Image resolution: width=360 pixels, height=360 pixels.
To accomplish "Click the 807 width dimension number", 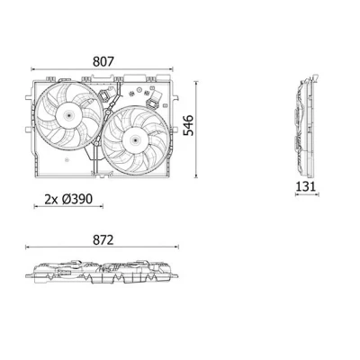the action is tap(103, 61).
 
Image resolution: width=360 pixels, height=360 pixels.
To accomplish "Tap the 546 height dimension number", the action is tap(189, 125).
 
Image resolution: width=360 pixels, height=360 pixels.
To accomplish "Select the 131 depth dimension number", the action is tap(306, 186).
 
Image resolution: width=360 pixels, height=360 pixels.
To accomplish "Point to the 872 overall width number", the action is tap(103, 240).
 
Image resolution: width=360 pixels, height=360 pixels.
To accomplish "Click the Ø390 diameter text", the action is tap(77, 199).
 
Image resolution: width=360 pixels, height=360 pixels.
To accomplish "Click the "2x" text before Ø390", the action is tap(51, 199).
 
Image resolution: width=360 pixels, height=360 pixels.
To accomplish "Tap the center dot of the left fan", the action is tap(68, 114).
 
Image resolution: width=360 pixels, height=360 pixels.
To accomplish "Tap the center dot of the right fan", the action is tap(135, 139).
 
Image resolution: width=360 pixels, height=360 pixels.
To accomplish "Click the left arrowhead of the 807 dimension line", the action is tap(32, 69).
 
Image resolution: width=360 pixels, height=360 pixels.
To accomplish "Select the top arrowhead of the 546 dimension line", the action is tap(196, 82).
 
